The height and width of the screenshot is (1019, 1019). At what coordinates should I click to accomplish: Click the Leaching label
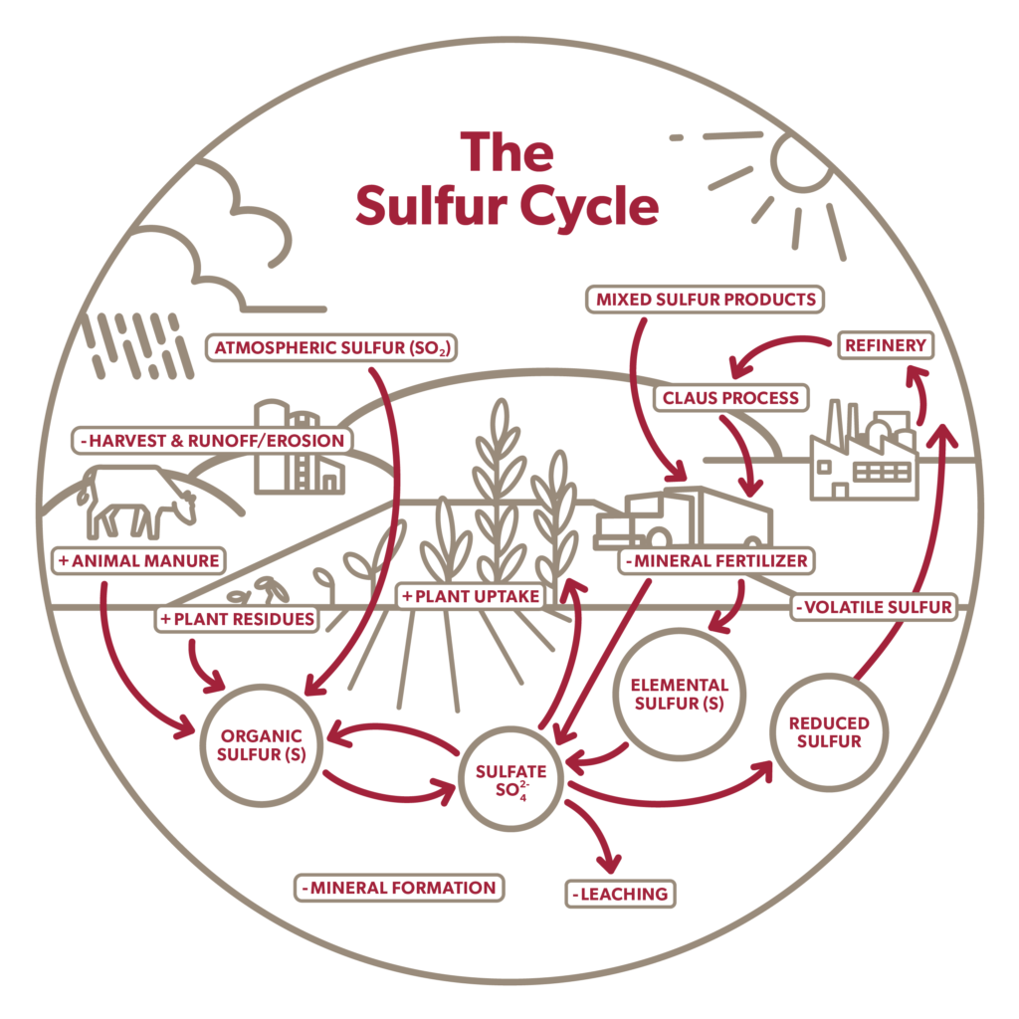(x=620, y=894)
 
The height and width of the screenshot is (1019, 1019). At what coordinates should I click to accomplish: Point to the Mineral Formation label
(x=399, y=887)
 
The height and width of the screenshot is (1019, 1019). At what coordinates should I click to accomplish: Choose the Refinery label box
(x=885, y=345)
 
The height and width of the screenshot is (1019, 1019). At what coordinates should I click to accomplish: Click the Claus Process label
(x=730, y=398)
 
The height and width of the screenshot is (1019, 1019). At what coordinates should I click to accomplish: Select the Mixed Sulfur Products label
(x=706, y=299)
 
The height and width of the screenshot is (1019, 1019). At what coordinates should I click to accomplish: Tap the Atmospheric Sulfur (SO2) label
(x=331, y=347)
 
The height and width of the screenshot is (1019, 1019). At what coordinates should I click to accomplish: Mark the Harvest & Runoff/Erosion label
(x=212, y=440)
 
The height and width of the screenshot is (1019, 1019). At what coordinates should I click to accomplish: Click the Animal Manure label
(x=138, y=560)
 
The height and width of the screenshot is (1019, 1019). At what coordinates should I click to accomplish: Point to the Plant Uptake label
(x=471, y=596)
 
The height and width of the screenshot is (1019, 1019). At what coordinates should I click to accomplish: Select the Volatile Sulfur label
(x=874, y=607)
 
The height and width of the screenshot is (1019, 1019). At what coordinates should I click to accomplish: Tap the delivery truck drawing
(x=684, y=517)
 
